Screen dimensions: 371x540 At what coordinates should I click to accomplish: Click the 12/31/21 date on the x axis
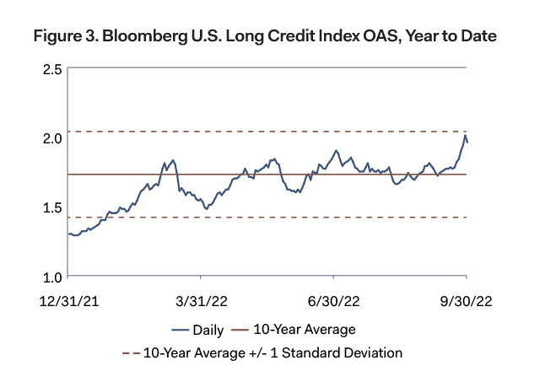point(68,301)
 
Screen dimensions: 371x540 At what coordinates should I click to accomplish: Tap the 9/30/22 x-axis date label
point(467,301)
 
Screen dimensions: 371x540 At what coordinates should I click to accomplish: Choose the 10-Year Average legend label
point(305,329)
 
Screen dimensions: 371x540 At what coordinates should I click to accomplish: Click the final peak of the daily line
point(465,135)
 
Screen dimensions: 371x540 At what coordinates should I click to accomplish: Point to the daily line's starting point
point(69,234)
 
